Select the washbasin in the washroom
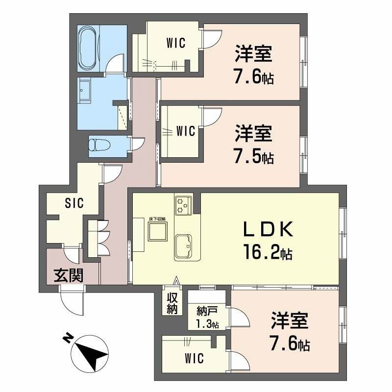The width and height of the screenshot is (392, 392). (85, 91)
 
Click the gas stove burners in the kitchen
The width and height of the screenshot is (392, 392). (183, 204)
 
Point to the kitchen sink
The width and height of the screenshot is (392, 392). (184, 245)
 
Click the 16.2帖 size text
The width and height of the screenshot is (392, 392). (268, 253)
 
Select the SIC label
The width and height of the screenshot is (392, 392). (74, 202)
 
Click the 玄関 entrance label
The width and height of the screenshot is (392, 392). (68, 275)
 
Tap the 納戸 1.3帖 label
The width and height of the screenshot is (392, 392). (207, 318)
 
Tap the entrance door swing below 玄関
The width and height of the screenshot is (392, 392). (74, 301)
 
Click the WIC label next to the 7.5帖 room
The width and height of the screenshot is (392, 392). (186, 131)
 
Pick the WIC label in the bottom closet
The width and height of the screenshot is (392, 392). (195, 358)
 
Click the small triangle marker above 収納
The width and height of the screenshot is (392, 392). (175, 281)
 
